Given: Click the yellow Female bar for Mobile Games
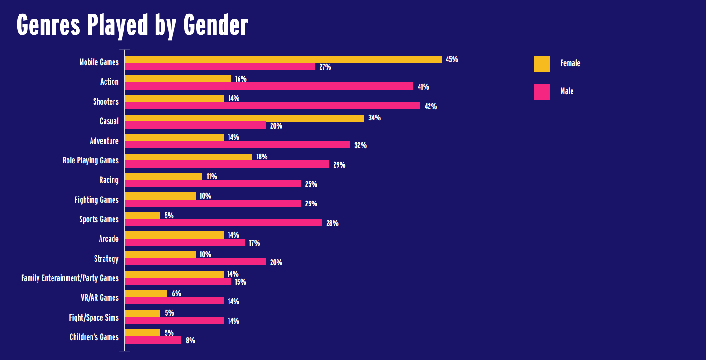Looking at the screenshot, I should click(x=283, y=59).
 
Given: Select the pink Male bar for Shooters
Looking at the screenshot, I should click(x=272, y=106).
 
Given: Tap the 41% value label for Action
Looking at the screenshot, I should click(x=423, y=87).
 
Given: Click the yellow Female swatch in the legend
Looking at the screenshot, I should click(x=541, y=64).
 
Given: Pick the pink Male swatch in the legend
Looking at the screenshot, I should click(x=541, y=92).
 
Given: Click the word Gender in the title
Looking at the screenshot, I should click(x=215, y=25).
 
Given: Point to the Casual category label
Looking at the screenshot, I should click(x=109, y=121).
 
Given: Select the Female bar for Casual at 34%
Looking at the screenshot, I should click(x=244, y=118).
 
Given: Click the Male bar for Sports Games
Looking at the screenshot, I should click(x=223, y=223).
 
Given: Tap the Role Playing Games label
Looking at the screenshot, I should click(x=91, y=161).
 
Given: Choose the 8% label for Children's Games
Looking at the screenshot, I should click(x=191, y=341).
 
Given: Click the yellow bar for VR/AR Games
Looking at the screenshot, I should click(x=146, y=293).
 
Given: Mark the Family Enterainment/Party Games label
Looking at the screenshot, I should click(x=70, y=278).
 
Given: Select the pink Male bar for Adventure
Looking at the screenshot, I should click(x=237, y=144).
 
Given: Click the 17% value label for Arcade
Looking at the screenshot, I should click(x=254, y=243).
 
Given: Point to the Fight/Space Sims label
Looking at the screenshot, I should click(x=94, y=317).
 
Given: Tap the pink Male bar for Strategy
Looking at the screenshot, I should click(x=195, y=262).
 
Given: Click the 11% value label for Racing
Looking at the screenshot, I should click(x=212, y=177).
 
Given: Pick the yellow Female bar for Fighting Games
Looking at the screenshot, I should click(x=160, y=196).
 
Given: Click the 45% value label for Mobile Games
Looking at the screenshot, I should click(x=452, y=59).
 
